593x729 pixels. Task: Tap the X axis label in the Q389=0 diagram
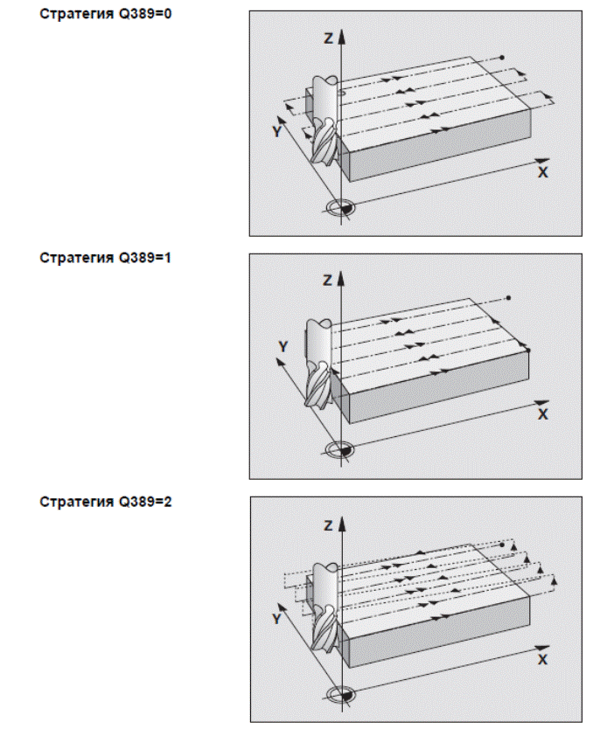(x=542, y=172)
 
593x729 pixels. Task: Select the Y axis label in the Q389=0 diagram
(x=277, y=131)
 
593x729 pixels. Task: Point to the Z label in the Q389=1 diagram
(x=327, y=281)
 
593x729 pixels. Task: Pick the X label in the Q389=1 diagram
(x=542, y=413)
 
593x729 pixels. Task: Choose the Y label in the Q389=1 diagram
(x=283, y=347)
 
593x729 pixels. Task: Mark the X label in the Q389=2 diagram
(x=542, y=657)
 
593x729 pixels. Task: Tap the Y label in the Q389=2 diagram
(x=277, y=617)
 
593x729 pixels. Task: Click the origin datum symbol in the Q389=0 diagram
(x=340, y=208)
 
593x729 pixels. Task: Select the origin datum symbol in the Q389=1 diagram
(x=340, y=449)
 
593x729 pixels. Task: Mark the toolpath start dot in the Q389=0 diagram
(x=502, y=58)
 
